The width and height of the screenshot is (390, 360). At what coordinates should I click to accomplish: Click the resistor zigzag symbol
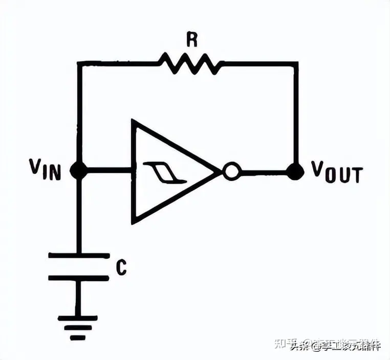(x=189, y=63)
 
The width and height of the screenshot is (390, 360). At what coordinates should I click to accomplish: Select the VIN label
(x=45, y=170)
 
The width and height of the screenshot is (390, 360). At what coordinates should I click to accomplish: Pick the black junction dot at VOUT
(x=295, y=172)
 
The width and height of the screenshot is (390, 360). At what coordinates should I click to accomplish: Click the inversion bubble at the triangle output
(x=231, y=172)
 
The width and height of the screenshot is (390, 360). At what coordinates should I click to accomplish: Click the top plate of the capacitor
(x=78, y=255)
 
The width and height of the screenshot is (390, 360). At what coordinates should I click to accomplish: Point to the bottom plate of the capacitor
(x=78, y=278)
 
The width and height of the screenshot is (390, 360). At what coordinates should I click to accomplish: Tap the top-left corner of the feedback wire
(x=78, y=63)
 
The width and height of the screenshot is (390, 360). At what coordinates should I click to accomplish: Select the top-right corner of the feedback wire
(x=296, y=63)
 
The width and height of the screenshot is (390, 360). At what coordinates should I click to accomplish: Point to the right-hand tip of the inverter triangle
(x=220, y=172)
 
